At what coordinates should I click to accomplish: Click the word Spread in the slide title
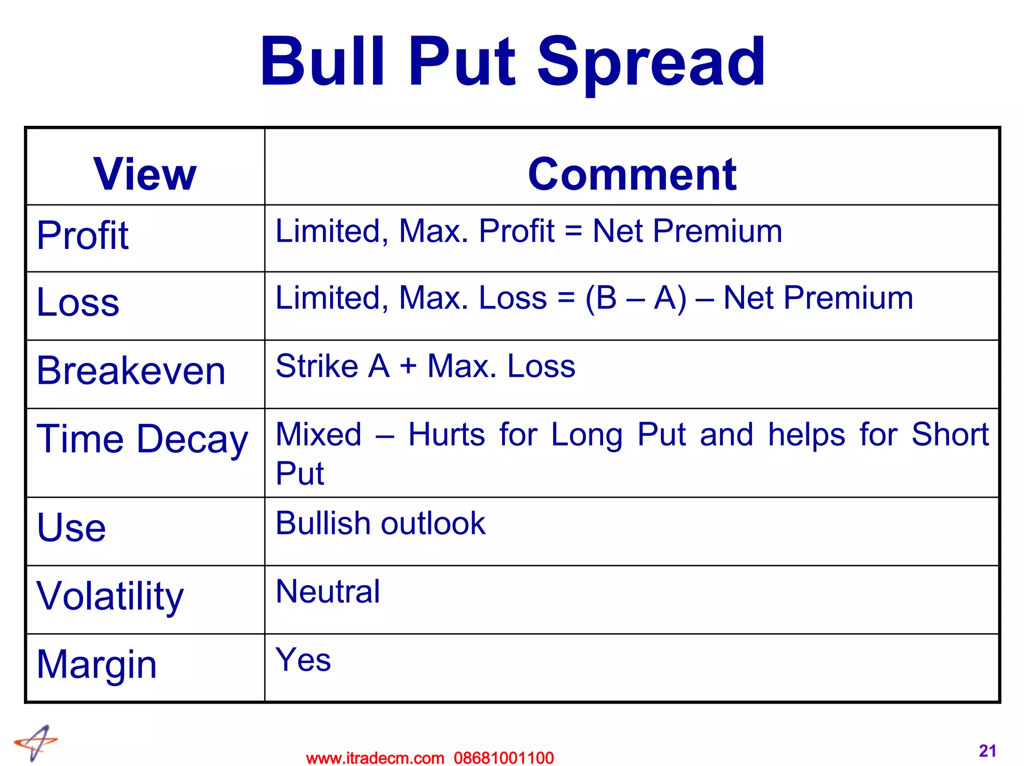[650, 62]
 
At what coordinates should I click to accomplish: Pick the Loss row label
[78, 302]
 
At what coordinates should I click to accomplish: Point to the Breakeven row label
[131, 371]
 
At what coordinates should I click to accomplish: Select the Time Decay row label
[142, 440]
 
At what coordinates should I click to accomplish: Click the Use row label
[71, 528]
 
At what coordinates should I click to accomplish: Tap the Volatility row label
[110, 596]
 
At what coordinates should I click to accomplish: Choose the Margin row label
[97, 665]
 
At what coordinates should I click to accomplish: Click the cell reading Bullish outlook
[380, 524]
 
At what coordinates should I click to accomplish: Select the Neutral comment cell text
[328, 592]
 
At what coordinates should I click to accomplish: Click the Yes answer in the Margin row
[303, 660]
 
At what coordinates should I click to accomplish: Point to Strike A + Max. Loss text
[425, 366]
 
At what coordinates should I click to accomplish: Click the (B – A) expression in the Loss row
[635, 298]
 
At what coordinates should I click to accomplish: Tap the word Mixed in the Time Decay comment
[318, 434]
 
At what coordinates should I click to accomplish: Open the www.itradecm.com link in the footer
[375, 758]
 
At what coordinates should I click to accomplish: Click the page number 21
[987, 751]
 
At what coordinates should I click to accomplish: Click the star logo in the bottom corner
[36, 743]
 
